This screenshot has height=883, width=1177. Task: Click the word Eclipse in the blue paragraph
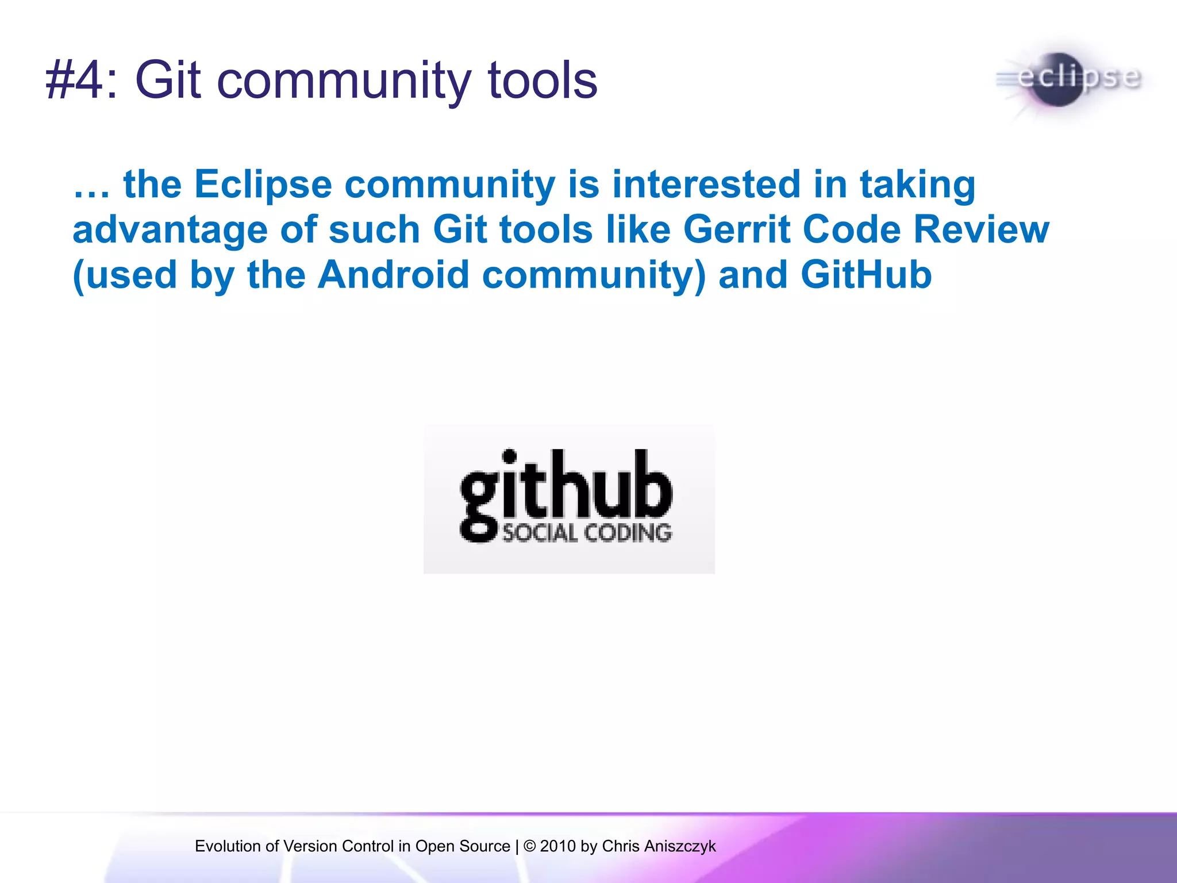263,185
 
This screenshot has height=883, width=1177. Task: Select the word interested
706,185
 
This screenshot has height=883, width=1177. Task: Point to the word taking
917,186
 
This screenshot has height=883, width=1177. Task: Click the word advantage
170,230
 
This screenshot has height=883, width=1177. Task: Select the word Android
393,275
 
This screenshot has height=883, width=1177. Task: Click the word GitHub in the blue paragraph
866,275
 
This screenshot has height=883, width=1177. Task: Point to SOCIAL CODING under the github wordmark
587,533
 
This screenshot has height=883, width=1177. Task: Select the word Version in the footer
310,846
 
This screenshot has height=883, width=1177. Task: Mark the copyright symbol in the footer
529,846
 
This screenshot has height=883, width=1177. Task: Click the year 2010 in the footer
557,846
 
